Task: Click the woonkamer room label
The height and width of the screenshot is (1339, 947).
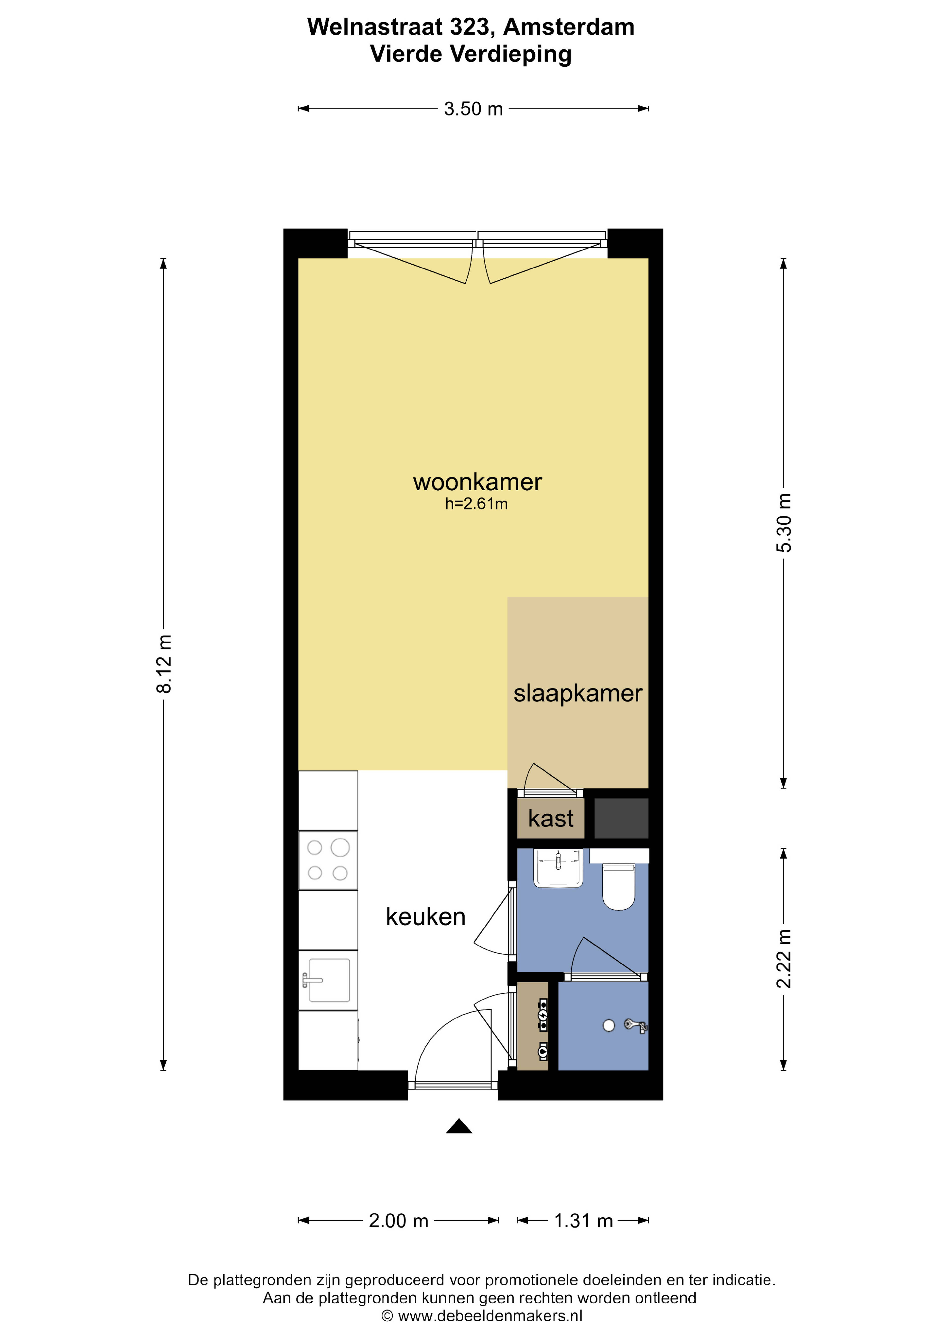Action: [x=477, y=482]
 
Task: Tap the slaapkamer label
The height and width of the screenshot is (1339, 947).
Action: [x=578, y=693]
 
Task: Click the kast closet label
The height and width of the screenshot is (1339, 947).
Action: [x=551, y=818]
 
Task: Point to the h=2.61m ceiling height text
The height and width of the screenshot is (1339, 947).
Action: [x=476, y=504]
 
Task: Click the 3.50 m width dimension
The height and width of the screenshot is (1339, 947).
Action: [x=473, y=109]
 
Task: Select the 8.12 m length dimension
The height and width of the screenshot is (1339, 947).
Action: [x=164, y=664]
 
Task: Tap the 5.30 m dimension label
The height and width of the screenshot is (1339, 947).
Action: [x=784, y=522]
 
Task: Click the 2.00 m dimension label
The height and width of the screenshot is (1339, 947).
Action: [x=399, y=1221]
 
